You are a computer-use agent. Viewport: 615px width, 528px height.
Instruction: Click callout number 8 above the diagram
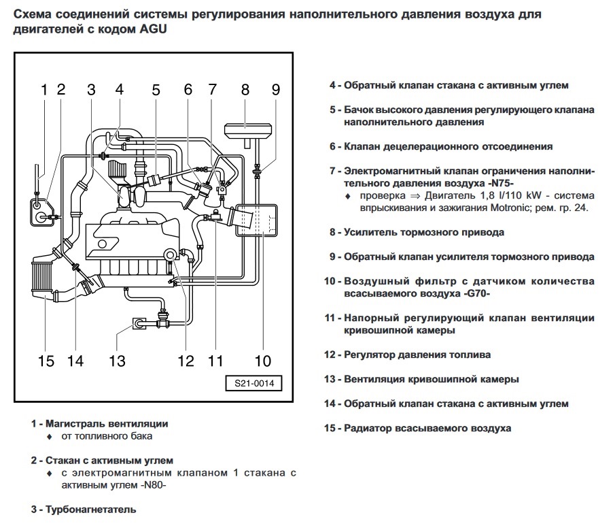(245, 89)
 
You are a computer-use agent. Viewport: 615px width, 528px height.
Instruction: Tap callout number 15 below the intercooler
(46, 361)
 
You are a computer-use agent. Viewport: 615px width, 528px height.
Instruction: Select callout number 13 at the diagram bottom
(117, 361)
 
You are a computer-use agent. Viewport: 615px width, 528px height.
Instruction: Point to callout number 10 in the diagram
(262, 361)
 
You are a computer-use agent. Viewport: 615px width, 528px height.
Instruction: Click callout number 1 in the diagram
(44, 89)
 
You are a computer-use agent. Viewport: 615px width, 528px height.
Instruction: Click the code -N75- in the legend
(497, 184)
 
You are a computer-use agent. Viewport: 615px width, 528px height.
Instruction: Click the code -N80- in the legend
(151, 485)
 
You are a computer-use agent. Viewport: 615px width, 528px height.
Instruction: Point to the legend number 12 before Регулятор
(330, 354)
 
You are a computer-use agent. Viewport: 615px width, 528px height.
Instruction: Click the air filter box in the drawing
(256, 219)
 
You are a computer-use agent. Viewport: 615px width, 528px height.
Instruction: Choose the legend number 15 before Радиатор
(330, 428)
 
